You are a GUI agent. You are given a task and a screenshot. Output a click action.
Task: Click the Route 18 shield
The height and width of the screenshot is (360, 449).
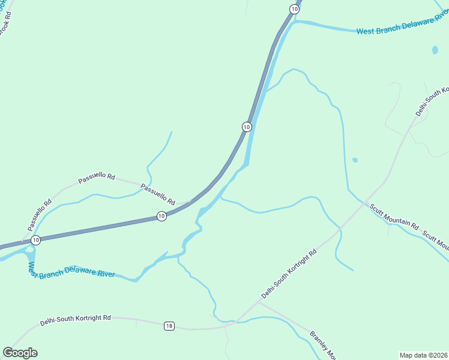point(169,326)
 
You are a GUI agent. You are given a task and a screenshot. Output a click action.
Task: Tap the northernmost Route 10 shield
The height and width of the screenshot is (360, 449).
point(294,9)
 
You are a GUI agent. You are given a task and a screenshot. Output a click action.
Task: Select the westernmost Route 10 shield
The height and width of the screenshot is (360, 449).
point(36,240)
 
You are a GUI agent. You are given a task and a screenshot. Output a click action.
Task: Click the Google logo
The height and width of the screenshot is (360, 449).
point(20,352)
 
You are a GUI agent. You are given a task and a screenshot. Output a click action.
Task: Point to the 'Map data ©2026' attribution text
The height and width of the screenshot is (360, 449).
point(423,355)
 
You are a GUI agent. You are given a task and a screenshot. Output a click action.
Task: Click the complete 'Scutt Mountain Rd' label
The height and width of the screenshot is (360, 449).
point(394,217)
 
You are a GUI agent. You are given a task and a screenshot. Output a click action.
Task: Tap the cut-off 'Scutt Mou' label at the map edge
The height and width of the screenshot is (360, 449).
point(435,241)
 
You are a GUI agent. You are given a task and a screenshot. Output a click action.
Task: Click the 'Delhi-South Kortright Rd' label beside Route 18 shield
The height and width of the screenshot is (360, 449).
point(76,320)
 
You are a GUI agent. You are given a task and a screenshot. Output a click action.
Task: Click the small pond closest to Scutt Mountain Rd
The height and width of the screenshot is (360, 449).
point(355,160)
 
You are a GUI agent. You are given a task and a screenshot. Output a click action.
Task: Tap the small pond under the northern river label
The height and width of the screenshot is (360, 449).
point(435,50)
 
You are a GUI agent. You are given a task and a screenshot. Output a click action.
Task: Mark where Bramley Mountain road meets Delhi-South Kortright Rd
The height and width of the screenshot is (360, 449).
point(258,302)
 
